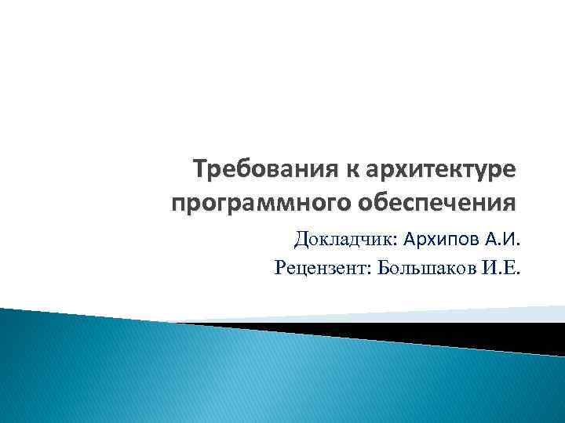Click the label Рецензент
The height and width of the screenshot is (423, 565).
click(x=321, y=269)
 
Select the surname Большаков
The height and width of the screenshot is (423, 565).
click(x=430, y=269)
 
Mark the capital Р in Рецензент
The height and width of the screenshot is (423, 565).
click(x=281, y=269)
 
